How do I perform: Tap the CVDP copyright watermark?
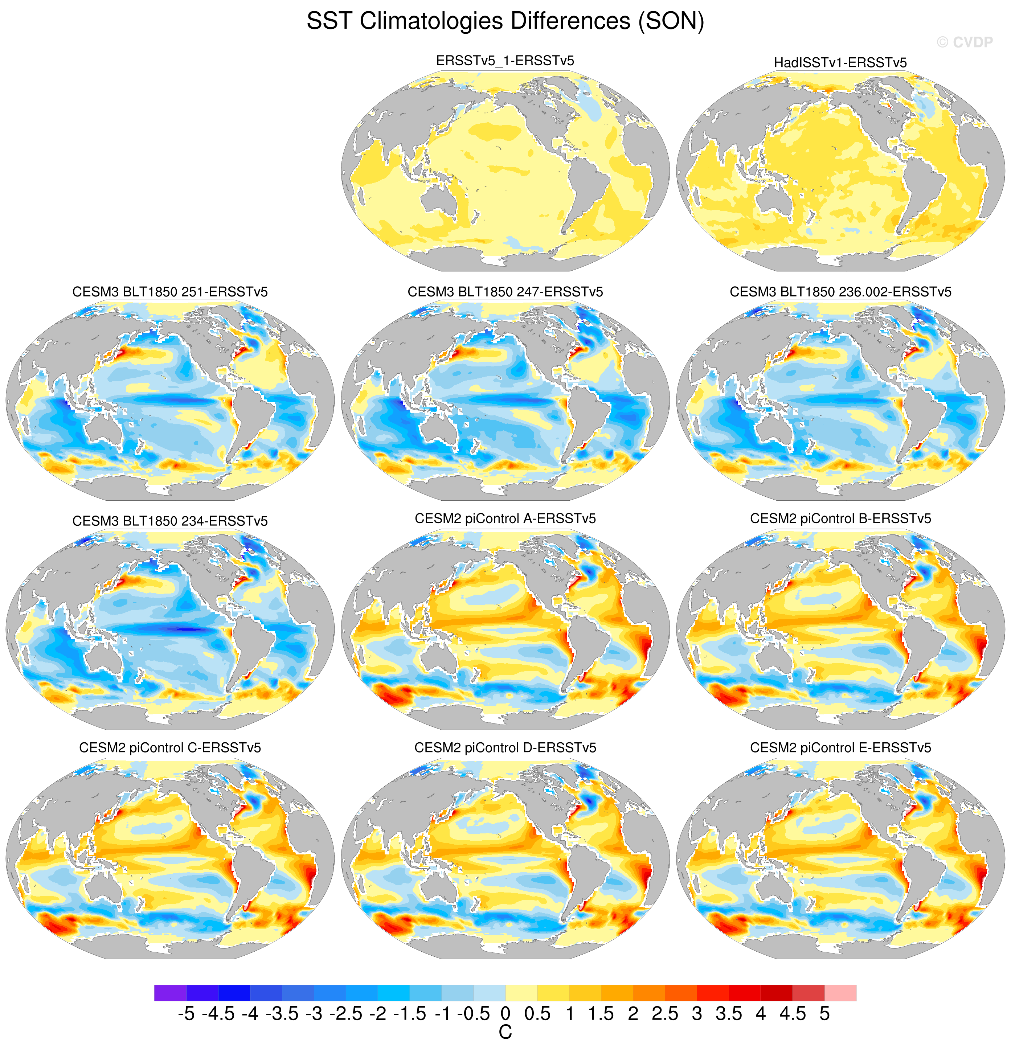pyautogui.click(x=965, y=42)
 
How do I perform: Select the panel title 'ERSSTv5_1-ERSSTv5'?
pyautogui.click(x=505, y=61)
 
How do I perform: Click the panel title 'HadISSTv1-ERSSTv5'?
pyautogui.click(x=840, y=63)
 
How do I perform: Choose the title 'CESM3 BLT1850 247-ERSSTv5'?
pyautogui.click(x=505, y=292)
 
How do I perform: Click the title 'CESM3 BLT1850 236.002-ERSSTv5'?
pyautogui.click(x=840, y=292)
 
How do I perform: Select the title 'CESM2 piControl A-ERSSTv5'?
pyautogui.click(x=505, y=518)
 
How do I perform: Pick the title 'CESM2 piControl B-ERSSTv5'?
pyautogui.click(x=840, y=518)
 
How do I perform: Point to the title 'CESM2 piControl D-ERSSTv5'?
pyautogui.click(x=505, y=748)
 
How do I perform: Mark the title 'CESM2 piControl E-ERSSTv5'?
pyautogui.click(x=840, y=748)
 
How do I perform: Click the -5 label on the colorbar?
pyautogui.click(x=186, y=1014)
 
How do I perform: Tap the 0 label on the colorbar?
pyautogui.click(x=505, y=1014)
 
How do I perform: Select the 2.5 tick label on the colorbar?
pyautogui.click(x=665, y=1014)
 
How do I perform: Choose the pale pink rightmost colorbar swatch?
pyautogui.click(x=840, y=993)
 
